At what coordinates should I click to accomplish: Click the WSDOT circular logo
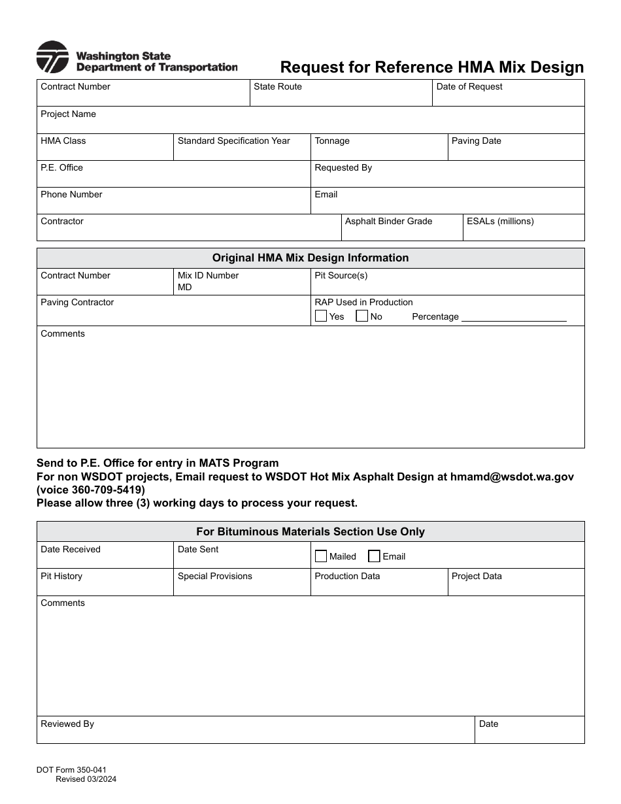[x=52, y=57]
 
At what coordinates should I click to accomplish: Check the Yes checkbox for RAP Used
[x=321, y=316]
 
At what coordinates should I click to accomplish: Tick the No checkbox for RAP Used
[x=361, y=316]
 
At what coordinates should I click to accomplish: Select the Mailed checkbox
[x=321, y=556]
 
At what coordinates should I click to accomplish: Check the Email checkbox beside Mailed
[x=374, y=556]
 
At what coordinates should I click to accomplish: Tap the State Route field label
[x=278, y=87]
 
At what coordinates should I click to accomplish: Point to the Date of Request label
[x=469, y=87]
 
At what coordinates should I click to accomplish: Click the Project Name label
[x=68, y=114]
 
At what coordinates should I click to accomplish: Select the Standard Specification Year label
[x=233, y=141]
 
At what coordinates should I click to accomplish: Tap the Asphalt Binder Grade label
[x=388, y=222]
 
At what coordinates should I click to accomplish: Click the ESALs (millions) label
[x=500, y=222]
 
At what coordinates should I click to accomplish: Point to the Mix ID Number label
[x=208, y=276]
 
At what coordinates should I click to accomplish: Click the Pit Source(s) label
[x=341, y=276]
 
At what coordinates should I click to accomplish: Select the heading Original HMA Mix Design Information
[x=310, y=258]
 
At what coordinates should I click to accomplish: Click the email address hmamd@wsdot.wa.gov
[x=512, y=477]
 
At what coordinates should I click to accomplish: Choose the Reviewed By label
[x=67, y=724]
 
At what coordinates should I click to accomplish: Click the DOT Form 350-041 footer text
[x=71, y=771]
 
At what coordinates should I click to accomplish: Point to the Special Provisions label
[x=214, y=577]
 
